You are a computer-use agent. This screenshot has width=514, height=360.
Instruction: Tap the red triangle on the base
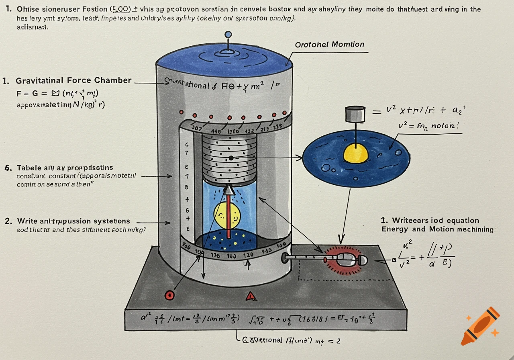pos(251,297)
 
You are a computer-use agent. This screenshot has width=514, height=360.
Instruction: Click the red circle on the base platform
pos(169,295)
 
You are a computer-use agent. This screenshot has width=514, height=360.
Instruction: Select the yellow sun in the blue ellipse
pos(356,153)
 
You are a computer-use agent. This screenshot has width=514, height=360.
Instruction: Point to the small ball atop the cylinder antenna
pos(228,35)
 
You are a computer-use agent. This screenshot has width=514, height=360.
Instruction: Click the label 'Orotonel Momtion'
pos(329,45)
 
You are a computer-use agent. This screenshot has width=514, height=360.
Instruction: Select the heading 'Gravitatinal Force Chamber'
pos(73,80)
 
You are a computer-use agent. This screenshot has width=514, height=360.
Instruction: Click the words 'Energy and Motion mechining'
pos(437,229)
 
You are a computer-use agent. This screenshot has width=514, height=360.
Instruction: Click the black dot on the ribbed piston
pos(231,158)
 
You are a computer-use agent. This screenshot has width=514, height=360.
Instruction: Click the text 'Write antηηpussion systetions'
pos(73,221)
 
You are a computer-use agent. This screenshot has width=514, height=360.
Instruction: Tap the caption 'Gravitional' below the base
pos(263,340)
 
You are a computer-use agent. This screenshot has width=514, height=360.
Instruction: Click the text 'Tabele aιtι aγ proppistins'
pos(65,168)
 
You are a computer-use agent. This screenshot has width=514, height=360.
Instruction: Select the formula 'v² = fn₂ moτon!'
pos(428,125)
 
